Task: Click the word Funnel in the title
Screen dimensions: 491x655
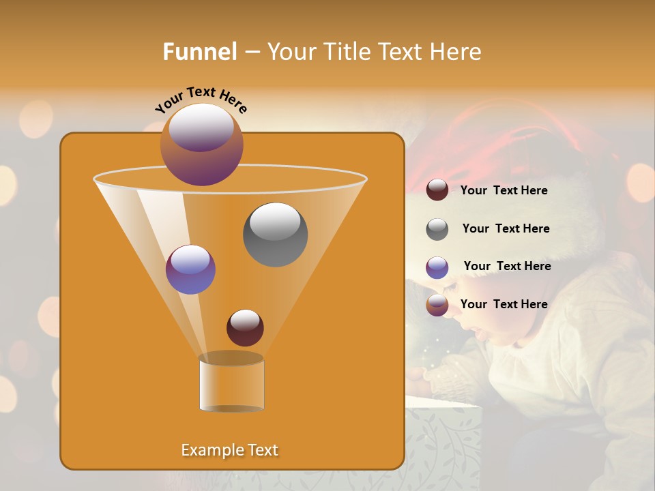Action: point(199,52)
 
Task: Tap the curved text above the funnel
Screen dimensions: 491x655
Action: point(201,100)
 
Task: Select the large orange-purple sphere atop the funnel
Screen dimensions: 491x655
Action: point(202,144)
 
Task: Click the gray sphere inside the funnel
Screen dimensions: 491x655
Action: point(275,234)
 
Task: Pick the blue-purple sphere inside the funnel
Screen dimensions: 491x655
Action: point(190,269)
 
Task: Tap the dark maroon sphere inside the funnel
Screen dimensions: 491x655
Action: point(245,327)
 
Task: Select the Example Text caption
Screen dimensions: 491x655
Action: point(229,450)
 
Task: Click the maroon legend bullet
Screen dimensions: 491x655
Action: point(437,190)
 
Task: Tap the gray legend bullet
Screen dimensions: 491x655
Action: point(437,229)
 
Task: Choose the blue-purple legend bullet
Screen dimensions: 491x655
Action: point(437,267)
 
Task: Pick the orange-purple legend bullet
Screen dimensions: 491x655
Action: point(437,305)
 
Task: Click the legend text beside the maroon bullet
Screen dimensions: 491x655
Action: point(504,190)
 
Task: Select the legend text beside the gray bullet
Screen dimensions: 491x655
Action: point(506,228)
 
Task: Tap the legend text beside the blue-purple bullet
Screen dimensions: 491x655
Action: point(507,266)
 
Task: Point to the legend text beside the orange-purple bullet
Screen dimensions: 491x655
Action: point(504,304)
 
